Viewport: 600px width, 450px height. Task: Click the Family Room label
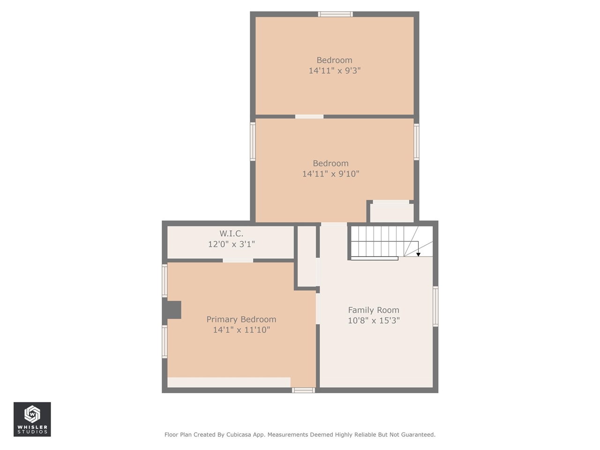click(x=374, y=310)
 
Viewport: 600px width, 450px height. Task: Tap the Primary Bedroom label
click(x=241, y=319)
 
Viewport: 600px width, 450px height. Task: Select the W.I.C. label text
click(x=231, y=233)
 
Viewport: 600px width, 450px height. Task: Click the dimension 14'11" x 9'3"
click(x=335, y=70)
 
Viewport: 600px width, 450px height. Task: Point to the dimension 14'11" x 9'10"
click(x=330, y=174)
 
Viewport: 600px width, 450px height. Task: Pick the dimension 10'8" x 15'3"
click(x=374, y=320)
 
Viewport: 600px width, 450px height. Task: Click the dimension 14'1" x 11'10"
click(x=241, y=330)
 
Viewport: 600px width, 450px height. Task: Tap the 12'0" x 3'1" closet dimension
click(x=231, y=244)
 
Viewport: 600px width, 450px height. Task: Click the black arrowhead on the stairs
click(x=418, y=255)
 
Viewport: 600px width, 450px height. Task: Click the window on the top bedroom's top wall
click(x=335, y=14)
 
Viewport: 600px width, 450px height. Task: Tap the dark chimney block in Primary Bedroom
click(x=172, y=310)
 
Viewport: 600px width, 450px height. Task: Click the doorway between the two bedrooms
click(x=309, y=117)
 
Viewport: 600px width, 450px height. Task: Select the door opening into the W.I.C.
click(x=238, y=261)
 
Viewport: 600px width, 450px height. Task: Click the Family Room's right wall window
click(x=435, y=306)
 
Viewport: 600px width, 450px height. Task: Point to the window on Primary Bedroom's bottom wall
click(x=303, y=390)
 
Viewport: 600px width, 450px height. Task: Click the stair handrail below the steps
click(x=375, y=258)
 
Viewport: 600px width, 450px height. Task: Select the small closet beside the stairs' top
click(x=392, y=213)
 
